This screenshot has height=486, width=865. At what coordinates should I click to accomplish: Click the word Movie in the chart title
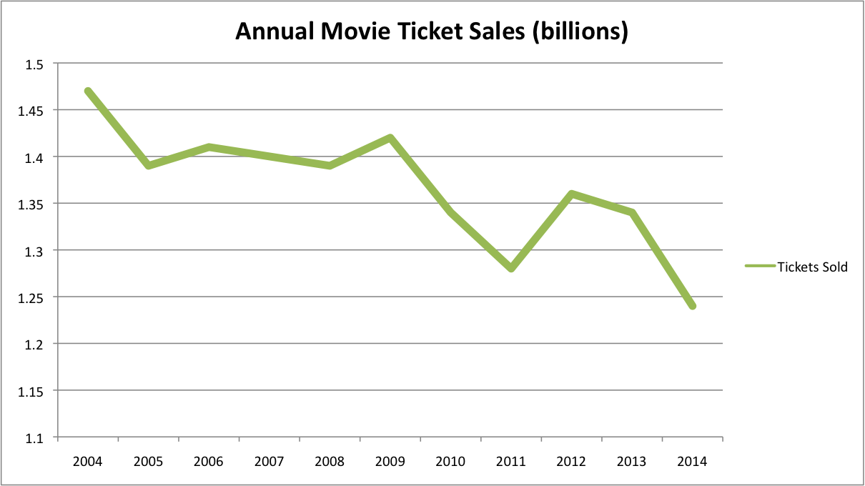pyautogui.click(x=351, y=31)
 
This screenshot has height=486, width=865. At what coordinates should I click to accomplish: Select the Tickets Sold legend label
pyautogui.click(x=812, y=267)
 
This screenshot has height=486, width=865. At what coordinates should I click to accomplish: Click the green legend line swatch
pyautogui.click(x=760, y=267)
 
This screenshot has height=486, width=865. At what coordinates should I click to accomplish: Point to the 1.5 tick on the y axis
pyautogui.click(x=34, y=64)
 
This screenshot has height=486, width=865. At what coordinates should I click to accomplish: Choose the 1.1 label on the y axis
pyautogui.click(x=34, y=437)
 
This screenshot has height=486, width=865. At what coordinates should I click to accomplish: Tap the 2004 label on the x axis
pyautogui.click(x=88, y=461)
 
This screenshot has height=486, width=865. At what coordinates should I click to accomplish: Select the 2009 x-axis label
pyautogui.click(x=390, y=461)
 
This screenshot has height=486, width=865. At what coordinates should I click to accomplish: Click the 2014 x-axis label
pyautogui.click(x=692, y=461)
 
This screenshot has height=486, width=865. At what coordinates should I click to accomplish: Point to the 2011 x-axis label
pyautogui.click(x=511, y=461)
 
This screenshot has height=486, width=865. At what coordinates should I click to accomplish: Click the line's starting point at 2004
pyautogui.click(x=88, y=91)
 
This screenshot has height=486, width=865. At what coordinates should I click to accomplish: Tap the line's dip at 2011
pyautogui.click(x=511, y=269)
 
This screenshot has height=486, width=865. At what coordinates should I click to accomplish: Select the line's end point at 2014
pyautogui.click(x=692, y=306)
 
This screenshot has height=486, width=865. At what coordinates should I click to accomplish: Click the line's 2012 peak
pyautogui.click(x=572, y=194)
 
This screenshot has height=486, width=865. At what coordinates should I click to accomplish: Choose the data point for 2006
pyautogui.click(x=209, y=147)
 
